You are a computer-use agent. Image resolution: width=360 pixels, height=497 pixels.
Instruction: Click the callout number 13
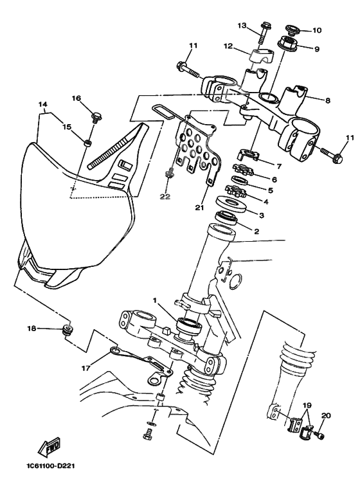(242, 25)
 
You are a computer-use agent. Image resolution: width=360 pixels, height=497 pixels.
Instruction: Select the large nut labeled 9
(285, 45)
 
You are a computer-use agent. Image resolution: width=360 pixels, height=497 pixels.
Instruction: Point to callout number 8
(327, 100)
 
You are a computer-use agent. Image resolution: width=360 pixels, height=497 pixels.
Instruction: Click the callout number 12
(228, 46)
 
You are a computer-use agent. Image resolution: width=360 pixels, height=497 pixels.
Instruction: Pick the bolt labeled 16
(97, 117)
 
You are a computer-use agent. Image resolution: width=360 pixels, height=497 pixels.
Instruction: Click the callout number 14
(43, 104)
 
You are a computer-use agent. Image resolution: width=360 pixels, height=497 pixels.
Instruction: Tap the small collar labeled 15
(87, 141)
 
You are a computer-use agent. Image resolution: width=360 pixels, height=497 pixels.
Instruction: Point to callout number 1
(154, 300)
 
